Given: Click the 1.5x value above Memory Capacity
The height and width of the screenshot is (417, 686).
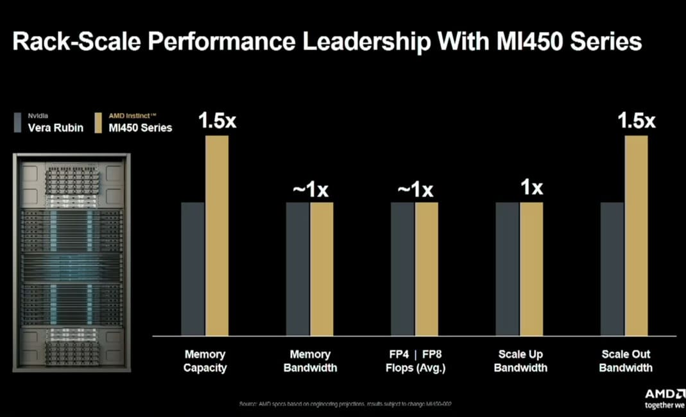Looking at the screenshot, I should (217, 121).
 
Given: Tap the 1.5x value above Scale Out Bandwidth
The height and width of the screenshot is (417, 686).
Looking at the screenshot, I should (636, 121).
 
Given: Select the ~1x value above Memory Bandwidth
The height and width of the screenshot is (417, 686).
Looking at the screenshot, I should (311, 190).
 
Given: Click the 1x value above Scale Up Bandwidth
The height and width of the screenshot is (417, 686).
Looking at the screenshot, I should (531, 188).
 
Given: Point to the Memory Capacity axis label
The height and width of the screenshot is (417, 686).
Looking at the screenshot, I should (205, 361).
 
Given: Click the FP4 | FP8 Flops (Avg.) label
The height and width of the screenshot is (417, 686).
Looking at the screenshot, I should (415, 361).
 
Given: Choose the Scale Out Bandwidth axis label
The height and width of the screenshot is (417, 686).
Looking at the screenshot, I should (626, 361).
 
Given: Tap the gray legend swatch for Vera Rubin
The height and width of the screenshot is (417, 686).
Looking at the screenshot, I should (19, 122).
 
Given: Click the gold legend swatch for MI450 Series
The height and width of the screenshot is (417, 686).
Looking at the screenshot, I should (98, 122).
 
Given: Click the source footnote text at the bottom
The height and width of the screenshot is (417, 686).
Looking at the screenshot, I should (350, 404).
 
